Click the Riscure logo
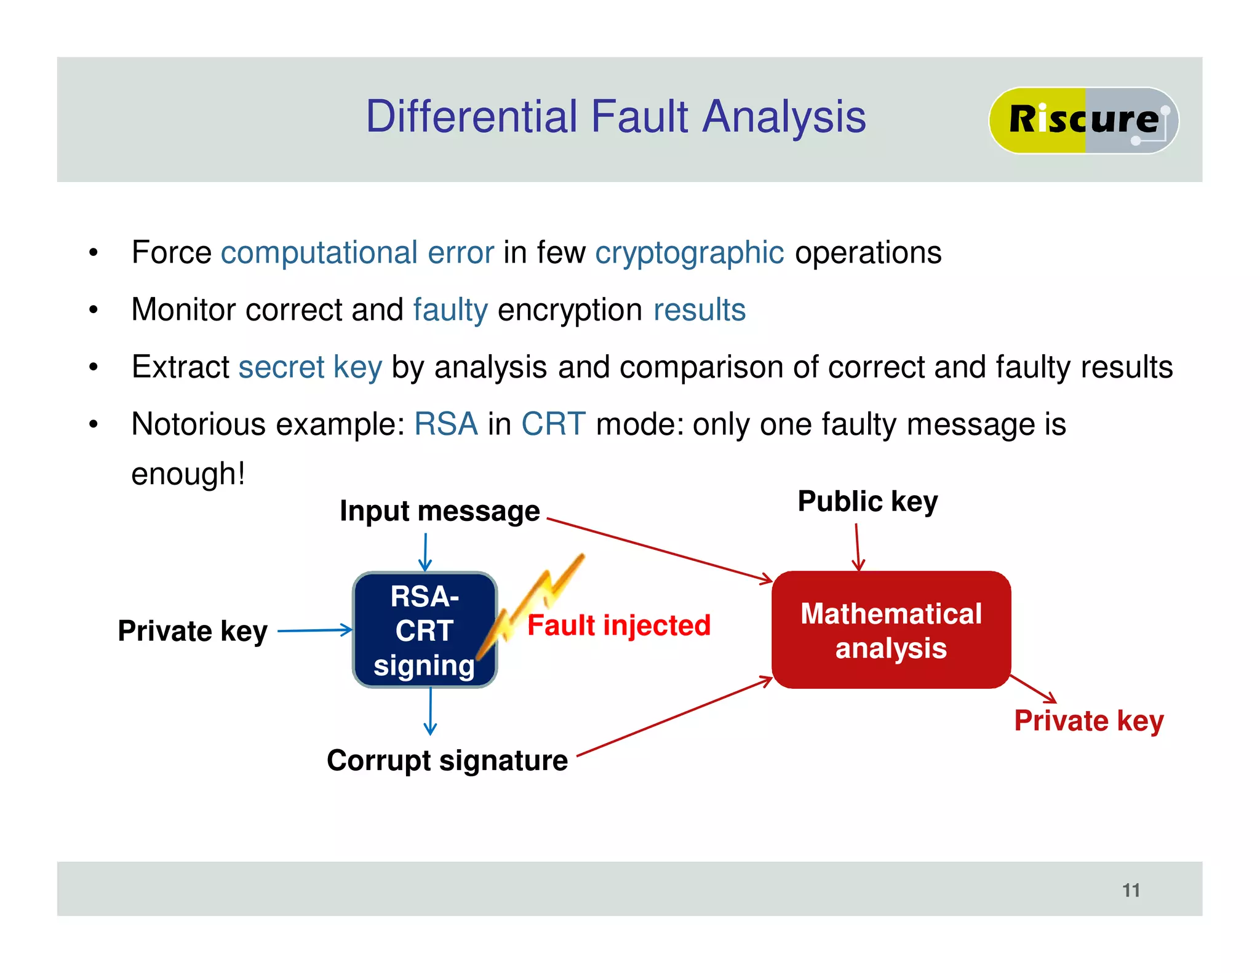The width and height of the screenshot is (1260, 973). click(1083, 120)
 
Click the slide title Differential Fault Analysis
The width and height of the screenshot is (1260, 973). click(615, 117)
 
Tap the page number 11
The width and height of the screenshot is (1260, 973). click(1131, 890)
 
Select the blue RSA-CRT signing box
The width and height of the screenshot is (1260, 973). click(424, 630)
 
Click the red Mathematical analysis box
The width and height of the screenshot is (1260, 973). click(891, 630)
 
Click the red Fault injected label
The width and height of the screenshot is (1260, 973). click(618, 625)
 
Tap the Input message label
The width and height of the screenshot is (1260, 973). click(439, 511)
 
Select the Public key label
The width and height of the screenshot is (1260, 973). click(867, 501)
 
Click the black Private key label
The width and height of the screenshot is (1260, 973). click(193, 631)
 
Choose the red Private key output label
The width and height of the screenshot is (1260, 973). click(1088, 721)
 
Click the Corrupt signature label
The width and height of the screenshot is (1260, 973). click(447, 761)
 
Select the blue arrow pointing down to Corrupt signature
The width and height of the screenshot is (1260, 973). click(430, 710)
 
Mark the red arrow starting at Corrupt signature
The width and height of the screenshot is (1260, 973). click(674, 717)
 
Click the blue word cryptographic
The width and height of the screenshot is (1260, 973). click(689, 253)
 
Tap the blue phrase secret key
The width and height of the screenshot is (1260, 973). click(310, 367)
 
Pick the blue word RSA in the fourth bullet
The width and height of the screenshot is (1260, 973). click(445, 424)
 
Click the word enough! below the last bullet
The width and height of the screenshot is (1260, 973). click(188, 474)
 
